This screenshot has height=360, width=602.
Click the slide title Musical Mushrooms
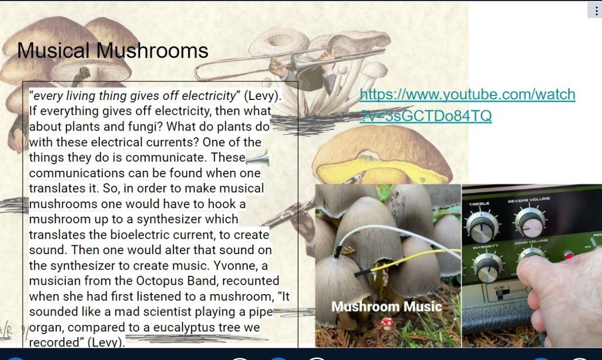pos(112,51)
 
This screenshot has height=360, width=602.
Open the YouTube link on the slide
pos(467,105)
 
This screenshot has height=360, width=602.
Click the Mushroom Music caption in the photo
pos(387,306)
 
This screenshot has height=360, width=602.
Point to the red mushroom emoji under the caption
pos(387,324)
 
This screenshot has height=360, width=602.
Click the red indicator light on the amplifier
pos(568,255)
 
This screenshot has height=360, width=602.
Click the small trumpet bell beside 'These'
pos(257,158)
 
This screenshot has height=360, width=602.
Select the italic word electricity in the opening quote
pos(209,96)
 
